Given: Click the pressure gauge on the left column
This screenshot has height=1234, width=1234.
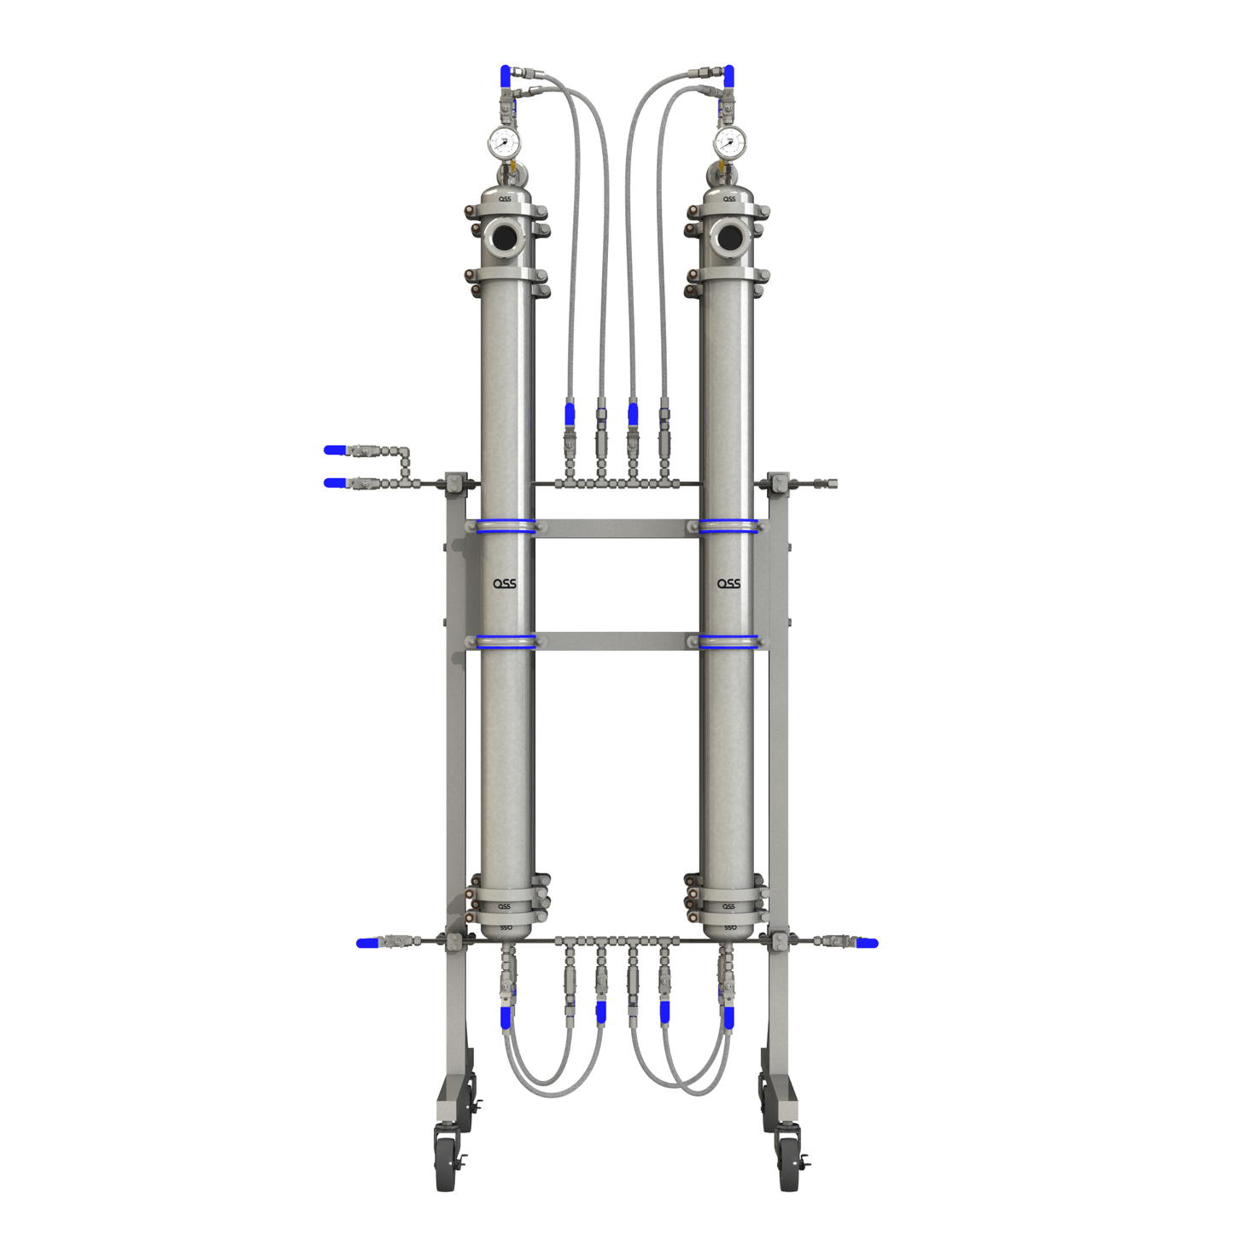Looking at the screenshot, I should pos(504,142).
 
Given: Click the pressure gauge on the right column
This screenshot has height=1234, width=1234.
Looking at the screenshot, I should pos(728,142).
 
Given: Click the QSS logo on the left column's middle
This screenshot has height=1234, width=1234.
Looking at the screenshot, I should pos(504,584).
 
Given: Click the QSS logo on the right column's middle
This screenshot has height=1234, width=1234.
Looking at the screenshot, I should pos(728,584).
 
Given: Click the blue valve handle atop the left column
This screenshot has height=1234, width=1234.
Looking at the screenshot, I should pos(506,76).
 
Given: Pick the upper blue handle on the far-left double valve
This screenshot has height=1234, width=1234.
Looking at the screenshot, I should pos(335,450).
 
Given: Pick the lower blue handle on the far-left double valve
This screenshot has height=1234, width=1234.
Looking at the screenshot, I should pos(335,483).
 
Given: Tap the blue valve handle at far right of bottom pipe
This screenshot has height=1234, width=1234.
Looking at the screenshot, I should pos(868,943).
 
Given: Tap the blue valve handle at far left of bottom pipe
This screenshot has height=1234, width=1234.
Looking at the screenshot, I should pos(367,943).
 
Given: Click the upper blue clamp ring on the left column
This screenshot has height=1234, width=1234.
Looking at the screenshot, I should pos(506,526).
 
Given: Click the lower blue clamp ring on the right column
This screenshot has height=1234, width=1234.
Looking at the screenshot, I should pos(728,641).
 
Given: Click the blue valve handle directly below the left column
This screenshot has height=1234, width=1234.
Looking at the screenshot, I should pos(506,1017).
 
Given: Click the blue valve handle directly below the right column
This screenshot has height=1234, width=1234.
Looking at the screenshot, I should pos(728,1017).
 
